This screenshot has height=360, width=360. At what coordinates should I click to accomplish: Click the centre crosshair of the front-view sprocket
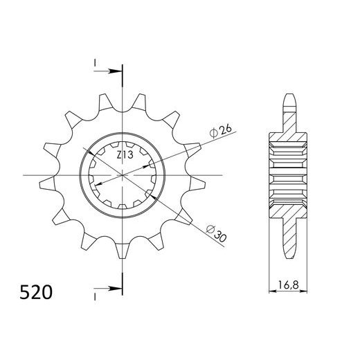click(x=123, y=176)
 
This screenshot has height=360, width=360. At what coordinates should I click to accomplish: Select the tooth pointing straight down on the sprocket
click(x=124, y=253)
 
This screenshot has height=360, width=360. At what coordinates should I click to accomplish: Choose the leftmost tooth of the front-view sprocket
click(x=45, y=184)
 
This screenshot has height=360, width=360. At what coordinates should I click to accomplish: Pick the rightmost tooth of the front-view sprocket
click(x=201, y=184)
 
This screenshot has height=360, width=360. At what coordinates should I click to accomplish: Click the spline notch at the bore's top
click(x=123, y=146)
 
